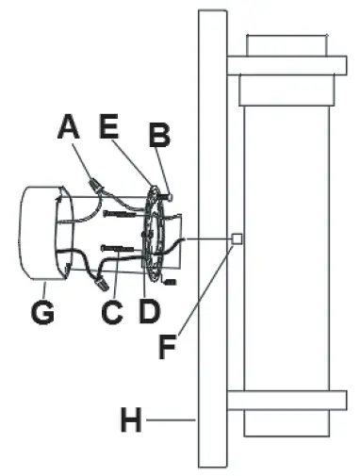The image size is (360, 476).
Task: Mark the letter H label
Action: point(134,420)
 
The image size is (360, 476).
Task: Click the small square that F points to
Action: point(238,238)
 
